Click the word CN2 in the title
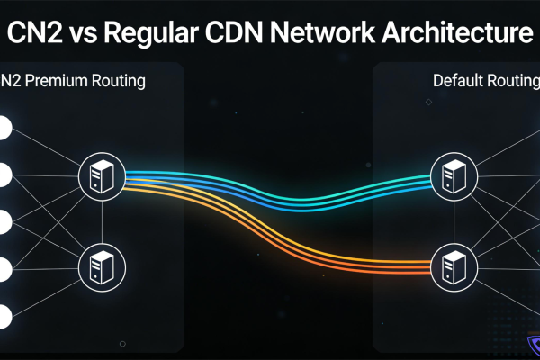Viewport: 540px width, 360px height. pyautogui.click(x=35, y=33)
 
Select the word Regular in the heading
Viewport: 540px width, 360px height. pyautogui.click(x=155, y=34)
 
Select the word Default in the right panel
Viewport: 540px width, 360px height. pyautogui.click(x=459, y=81)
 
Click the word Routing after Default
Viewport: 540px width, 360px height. pyautogui.click(x=514, y=81)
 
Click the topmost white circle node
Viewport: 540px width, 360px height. pyautogui.click(x=2, y=128)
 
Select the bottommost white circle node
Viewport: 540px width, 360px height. pyautogui.click(x=2, y=315)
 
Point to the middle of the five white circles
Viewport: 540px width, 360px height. pyautogui.click(x=2, y=221)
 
